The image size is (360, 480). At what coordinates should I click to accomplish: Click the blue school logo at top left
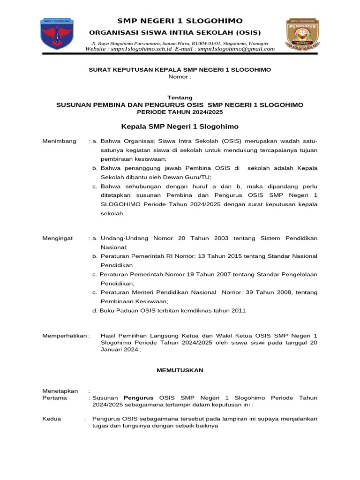click(x=58, y=34)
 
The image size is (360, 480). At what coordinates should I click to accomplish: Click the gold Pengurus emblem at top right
click(x=302, y=34)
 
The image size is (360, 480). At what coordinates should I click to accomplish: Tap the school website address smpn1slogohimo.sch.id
click(x=141, y=49)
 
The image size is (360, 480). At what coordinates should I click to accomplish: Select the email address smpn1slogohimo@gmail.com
click(x=236, y=49)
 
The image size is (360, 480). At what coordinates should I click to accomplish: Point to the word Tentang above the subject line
click(x=180, y=97)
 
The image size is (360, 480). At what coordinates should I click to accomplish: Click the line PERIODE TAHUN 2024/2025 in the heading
click(x=180, y=112)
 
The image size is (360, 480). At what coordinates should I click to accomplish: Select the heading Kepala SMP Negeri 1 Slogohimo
click(x=180, y=127)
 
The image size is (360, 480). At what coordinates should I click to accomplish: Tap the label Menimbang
click(x=59, y=141)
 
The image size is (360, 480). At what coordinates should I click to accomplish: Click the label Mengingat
click(x=58, y=238)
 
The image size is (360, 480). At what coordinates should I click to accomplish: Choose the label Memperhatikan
click(x=65, y=336)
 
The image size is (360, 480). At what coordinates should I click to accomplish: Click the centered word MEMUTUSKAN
click(x=180, y=370)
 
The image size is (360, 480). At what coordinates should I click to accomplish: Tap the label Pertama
click(x=54, y=397)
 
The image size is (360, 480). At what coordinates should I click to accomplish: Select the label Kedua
click(x=52, y=419)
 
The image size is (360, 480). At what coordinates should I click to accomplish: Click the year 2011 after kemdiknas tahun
click(x=238, y=310)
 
